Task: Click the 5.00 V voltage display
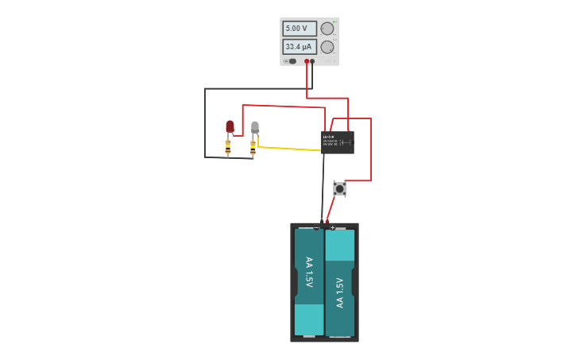300,29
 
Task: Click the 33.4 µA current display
300,47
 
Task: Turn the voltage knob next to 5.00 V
327,29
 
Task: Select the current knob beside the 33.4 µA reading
327,47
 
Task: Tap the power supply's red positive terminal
307,61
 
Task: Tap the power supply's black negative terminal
312,61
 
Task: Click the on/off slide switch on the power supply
292,61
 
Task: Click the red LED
230,126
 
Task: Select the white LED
255,126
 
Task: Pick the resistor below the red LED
228,147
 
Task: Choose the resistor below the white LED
253,147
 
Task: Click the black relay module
338,142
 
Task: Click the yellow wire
290,149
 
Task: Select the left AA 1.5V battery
309,282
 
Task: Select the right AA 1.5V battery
340,282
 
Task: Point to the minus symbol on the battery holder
316,228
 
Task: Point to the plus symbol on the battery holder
332,228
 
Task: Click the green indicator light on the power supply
284,61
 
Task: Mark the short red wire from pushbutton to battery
331,208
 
